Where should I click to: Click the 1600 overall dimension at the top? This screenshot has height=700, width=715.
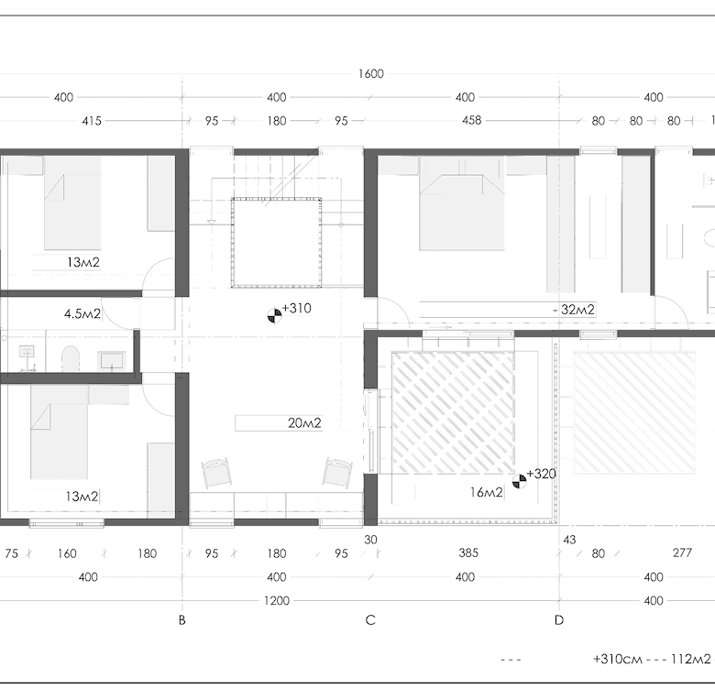click(x=370, y=74)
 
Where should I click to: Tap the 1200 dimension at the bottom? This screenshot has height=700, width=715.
click(x=277, y=601)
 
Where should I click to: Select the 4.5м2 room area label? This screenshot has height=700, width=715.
click(x=82, y=313)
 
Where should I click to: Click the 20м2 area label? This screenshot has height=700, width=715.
click(x=304, y=423)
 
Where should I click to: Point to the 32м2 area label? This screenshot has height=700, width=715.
click(x=577, y=310)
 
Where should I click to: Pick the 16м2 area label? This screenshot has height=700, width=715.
click(x=486, y=492)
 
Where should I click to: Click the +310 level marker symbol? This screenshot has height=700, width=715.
click(x=274, y=315)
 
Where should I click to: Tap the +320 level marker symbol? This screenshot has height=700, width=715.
click(x=519, y=481)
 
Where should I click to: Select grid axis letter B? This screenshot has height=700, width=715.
click(x=181, y=620)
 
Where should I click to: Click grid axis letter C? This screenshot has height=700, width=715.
click(x=370, y=620)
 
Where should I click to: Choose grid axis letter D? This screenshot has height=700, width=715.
click(x=559, y=620)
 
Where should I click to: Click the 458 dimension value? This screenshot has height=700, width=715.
click(x=471, y=120)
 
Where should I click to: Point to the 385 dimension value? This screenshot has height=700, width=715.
click(x=468, y=552)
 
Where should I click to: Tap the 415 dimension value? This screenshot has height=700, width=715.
click(x=92, y=121)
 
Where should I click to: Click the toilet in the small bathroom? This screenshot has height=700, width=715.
click(x=71, y=358)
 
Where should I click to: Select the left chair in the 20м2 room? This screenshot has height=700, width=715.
click(x=216, y=473)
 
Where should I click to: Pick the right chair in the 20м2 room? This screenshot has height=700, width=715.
click(x=337, y=472)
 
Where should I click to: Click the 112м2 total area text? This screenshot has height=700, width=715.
click(x=690, y=659)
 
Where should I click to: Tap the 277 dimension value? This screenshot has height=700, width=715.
click(x=682, y=552)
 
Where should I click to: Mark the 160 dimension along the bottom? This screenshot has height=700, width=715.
click(x=67, y=553)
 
